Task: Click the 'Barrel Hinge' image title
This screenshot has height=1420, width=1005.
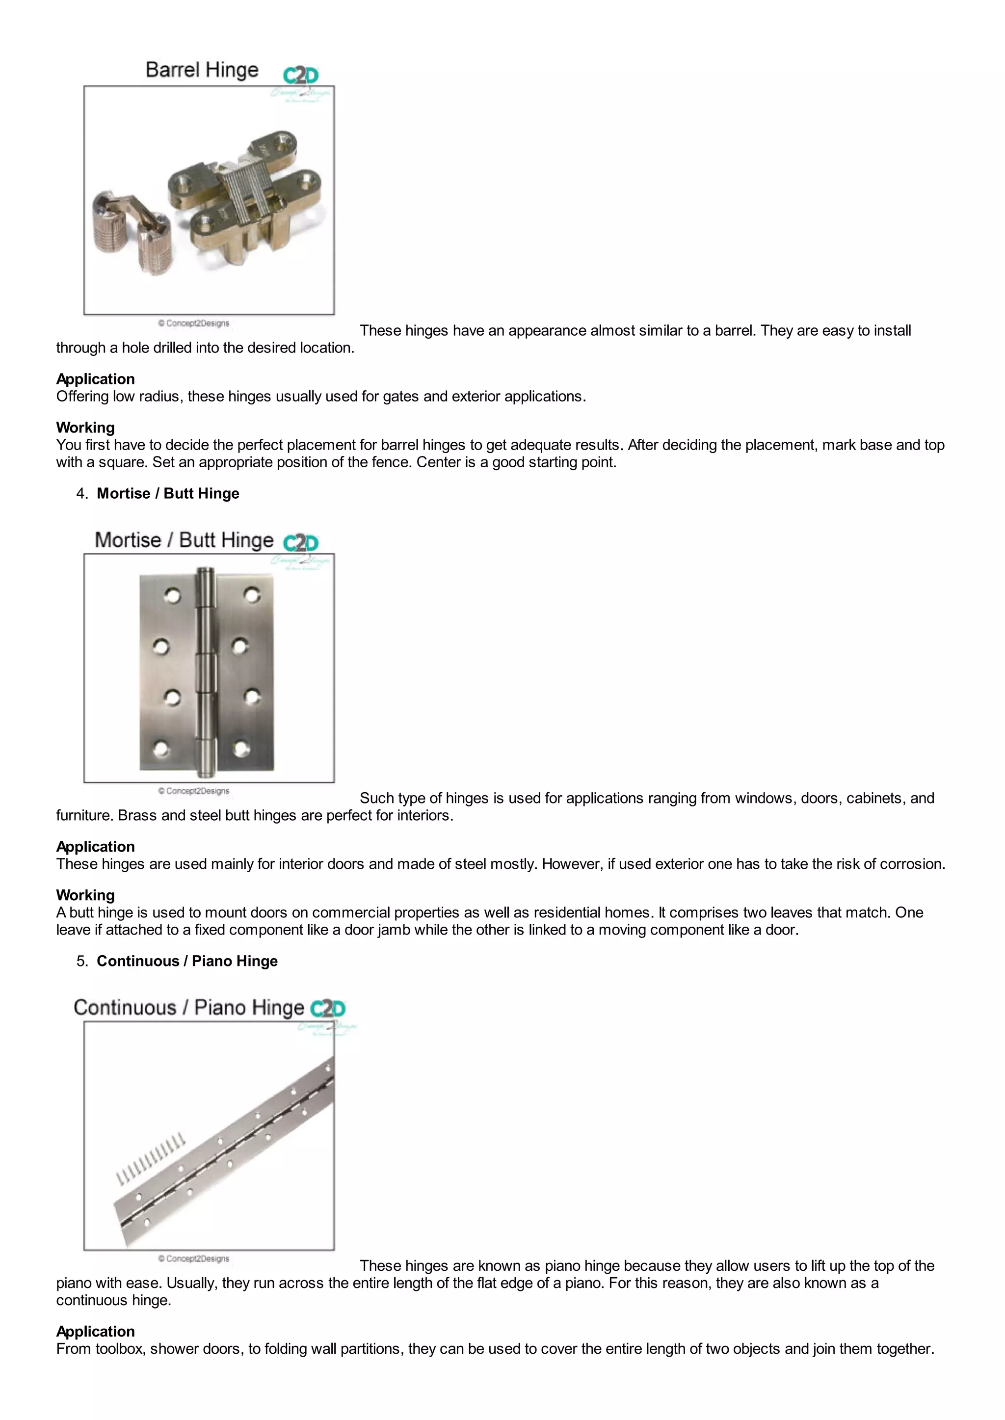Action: [x=202, y=70]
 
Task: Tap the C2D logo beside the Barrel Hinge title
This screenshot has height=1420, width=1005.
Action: [x=301, y=76]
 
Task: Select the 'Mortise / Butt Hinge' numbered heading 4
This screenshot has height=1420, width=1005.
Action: [x=168, y=493]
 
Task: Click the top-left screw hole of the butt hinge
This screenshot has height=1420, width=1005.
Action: [x=172, y=595]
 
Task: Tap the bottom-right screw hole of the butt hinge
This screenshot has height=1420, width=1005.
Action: [x=241, y=749]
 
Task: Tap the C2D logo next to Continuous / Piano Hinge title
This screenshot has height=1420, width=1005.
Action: [x=327, y=1009]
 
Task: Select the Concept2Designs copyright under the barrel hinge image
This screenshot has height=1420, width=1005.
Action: [x=194, y=323]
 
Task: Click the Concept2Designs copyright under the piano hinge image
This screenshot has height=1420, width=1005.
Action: [x=194, y=1259]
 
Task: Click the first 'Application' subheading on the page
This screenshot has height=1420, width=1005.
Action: [x=95, y=379]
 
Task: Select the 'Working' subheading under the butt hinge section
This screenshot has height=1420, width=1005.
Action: [x=85, y=895]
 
